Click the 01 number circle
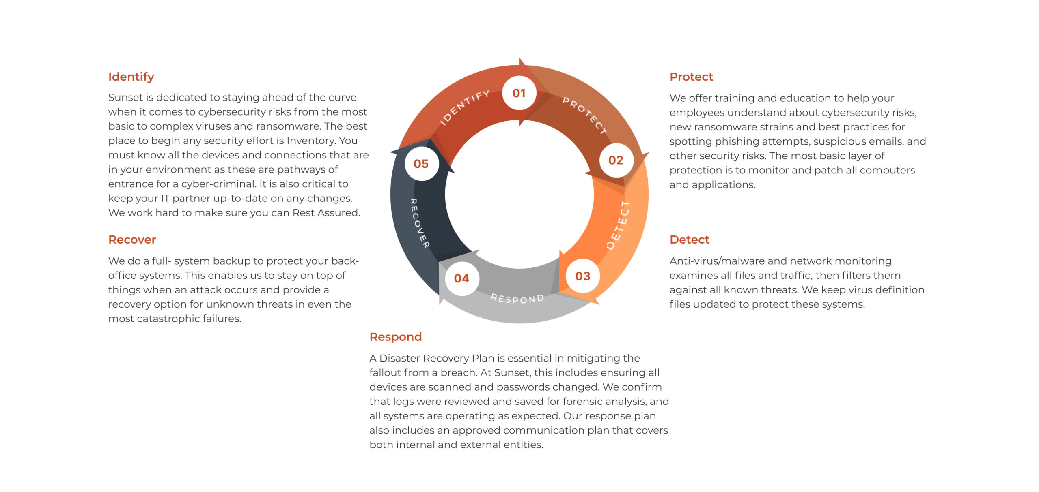click(519, 93)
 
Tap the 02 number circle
click(616, 160)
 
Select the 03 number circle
click(583, 276)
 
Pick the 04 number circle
click(462, 278)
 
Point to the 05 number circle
click(421, 164)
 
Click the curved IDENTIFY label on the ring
click(465, 107)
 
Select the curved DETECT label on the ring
click(618, 225)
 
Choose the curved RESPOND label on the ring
click(517, 299)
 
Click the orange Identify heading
click(131, 77)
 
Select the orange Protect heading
click(691, 77)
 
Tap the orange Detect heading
click(690, 240)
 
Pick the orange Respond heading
click(396, 337)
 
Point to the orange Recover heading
click(132, 240)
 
